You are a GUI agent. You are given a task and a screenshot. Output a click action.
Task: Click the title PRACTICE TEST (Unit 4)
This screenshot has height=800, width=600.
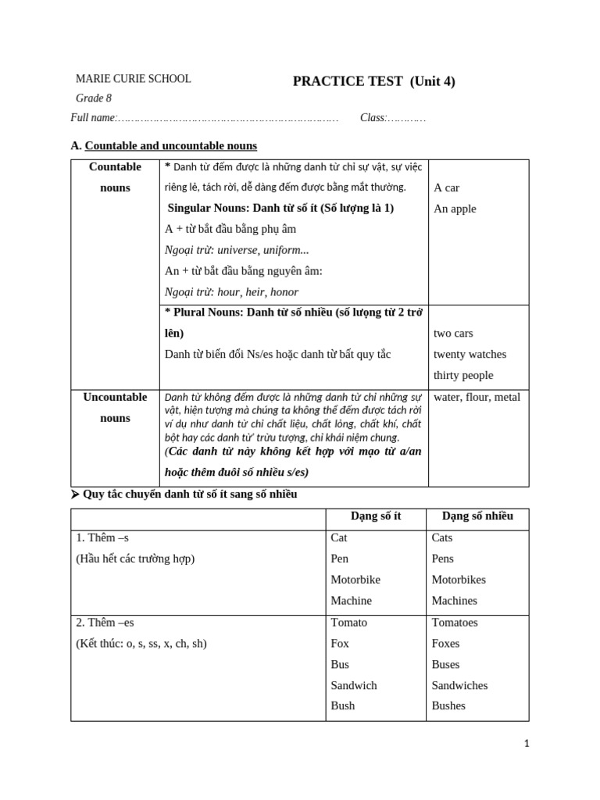click(373, 81)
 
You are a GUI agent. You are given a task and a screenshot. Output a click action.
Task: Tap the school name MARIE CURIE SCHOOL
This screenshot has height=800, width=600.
click(133, 79)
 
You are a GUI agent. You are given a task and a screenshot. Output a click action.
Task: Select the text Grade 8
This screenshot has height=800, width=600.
click(93, 98)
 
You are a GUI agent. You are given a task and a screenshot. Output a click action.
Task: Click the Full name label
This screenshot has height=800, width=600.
click(93, 118)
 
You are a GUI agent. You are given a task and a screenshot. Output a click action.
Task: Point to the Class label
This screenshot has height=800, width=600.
click(372, 118)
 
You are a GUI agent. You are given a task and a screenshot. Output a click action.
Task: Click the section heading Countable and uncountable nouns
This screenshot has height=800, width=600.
click(170, 146)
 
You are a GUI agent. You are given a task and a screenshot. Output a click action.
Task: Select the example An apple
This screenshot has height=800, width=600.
click(455, 209)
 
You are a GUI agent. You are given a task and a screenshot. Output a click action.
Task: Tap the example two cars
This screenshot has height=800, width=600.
click(453, 334)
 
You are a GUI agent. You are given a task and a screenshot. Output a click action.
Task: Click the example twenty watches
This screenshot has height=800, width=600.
click(470, 354)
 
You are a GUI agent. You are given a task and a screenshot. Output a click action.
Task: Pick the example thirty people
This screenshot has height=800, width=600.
click(463, 375)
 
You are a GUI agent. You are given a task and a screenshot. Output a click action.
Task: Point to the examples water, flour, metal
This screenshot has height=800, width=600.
click(477, 397)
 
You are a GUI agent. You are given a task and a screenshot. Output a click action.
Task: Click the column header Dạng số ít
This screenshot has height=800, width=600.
click(376, 516)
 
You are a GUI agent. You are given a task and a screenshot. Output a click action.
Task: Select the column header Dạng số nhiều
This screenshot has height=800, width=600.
click(477, 516)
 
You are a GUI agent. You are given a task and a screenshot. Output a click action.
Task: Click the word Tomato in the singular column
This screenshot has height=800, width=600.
click(348, 623)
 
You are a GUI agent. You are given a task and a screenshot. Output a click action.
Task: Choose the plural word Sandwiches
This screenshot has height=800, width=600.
click(459, 685)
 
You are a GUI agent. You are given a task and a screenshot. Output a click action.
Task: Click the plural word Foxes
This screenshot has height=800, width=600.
click(445, 644)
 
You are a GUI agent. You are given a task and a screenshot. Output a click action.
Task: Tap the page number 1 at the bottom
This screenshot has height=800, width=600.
click(527, 744)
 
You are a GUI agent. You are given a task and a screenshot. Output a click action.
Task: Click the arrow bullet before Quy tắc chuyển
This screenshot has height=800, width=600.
click(75, 495)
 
